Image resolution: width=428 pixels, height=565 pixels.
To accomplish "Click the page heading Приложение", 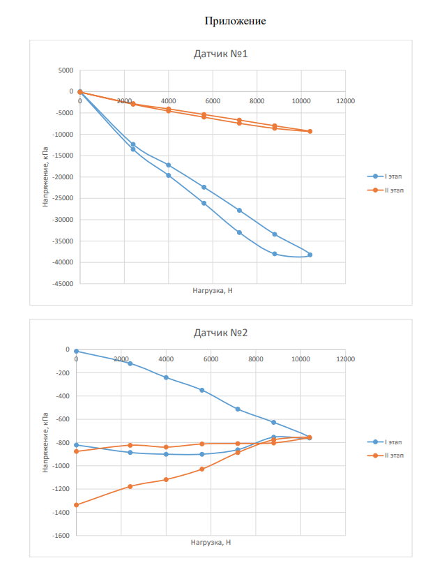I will (x=235, y=21).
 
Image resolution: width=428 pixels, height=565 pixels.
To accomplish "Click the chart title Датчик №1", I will (x=220, y=54).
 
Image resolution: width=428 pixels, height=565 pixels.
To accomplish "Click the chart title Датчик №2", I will (x=220, y=333).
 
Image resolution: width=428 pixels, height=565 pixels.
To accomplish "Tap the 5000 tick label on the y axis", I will (x=66, y=70).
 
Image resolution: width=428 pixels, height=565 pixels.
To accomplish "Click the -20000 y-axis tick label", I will (x=63, y=177).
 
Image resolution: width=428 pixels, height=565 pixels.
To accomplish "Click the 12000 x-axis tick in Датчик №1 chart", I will (x=345, y=101).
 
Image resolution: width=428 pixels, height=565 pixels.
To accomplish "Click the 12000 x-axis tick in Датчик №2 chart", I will (x=345, y=359).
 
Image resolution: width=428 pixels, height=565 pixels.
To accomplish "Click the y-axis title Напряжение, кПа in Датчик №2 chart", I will (x=46, y=443).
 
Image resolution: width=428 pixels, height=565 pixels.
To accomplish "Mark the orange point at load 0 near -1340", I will (x=77, y=505).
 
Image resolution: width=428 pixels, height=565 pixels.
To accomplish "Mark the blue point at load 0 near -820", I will (x=77, y=445).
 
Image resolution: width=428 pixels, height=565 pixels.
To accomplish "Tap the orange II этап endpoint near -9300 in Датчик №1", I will (x=310, y=131).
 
